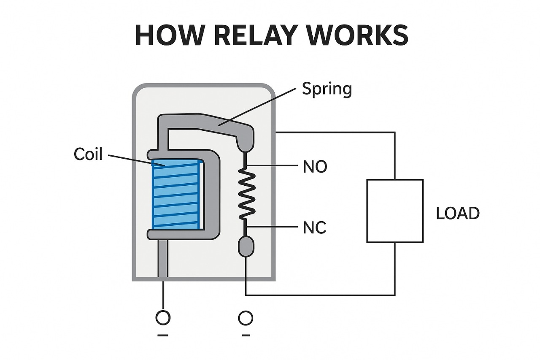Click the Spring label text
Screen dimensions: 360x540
tap(327, 89)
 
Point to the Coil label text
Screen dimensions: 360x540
tap(88, 154)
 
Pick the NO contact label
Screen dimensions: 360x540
tap(315, 167)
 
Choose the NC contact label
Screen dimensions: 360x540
tap(315, 228)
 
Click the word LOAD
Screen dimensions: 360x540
tap(457, 214)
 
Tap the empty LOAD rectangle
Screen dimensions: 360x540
tap(394, 211)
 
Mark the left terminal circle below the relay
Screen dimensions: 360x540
tap(163, 318)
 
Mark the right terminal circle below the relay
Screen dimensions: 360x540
tap(246, 318)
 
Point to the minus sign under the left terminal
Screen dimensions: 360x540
tap(163, 336)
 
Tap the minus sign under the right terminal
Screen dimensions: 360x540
tap(246, 336)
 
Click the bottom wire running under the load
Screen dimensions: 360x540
tap(321, 295)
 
